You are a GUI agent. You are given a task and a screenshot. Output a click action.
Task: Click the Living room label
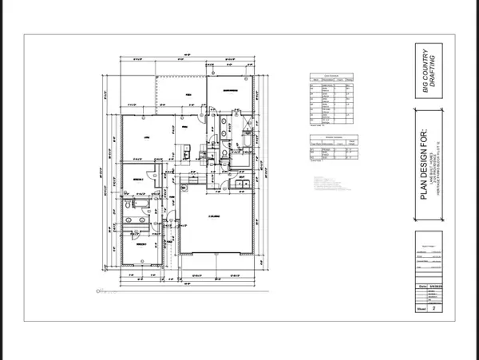pos(146,136)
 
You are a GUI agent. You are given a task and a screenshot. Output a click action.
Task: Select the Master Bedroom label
pos(232,91)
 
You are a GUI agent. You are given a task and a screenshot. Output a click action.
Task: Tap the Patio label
pos(190,93)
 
